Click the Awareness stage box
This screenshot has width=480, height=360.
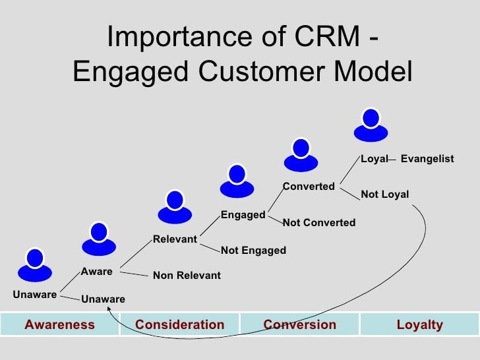tap(59, 324)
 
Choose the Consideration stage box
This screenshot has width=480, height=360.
tap(179, 324)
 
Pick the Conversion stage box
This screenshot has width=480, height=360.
tap(299, 324)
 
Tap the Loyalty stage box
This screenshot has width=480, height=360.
tap(419, 324)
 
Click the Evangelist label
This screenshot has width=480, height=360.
tap(427, 159)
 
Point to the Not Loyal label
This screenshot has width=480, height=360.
tap(384, 195)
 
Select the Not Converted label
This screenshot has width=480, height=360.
tap(318, 223)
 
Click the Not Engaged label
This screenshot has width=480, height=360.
tap(253, 251)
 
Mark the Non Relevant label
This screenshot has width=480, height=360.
tap(187, 276)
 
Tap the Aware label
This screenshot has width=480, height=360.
tap(96, 271)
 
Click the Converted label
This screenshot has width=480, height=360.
tap(309, 187)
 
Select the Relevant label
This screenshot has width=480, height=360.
tap(175, 239)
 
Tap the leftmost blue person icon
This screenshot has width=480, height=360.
tap(34, 264)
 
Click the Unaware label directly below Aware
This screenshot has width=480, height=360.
tap(103, 299)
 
